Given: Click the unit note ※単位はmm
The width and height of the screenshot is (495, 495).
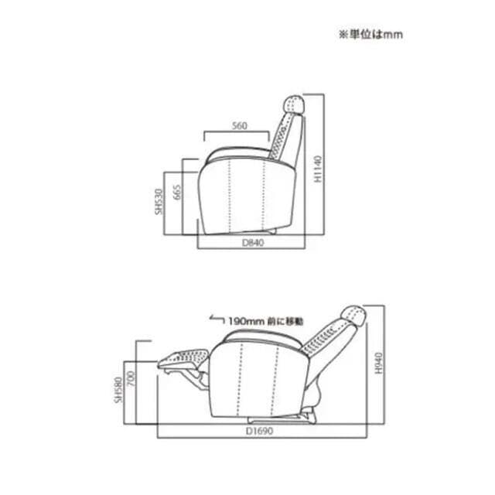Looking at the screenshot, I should (x=369, y=34).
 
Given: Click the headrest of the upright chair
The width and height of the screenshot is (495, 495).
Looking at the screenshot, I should (x=295, y=103).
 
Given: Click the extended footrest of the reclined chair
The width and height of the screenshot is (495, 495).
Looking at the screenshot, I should (x=184, y=358).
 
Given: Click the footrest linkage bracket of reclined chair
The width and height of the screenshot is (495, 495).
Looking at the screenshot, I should (x=198, y=377).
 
